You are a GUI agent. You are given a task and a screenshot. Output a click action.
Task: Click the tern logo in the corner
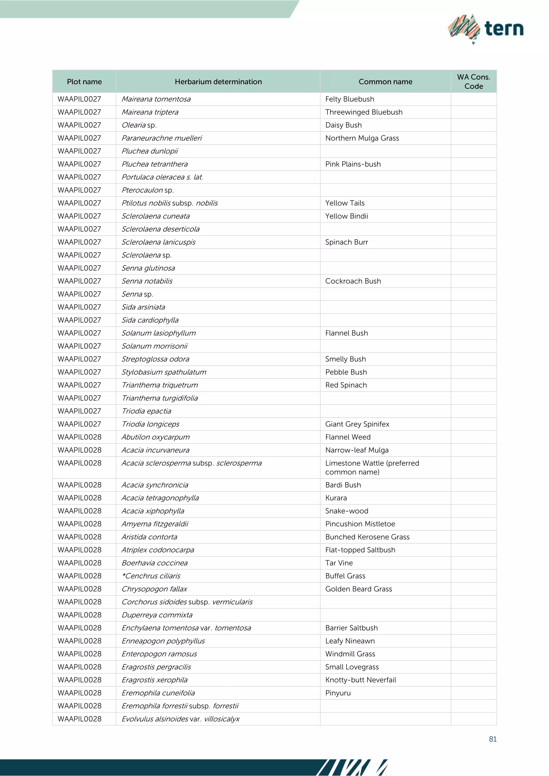[x=486, y=29]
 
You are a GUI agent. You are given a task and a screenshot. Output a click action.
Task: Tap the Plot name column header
[x=84, y=82]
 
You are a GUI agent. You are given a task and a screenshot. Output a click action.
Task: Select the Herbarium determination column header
[x=218, y=82]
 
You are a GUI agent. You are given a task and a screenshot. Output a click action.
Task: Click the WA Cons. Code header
[x=473, y=81]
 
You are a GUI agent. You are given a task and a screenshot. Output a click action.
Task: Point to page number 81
[x=492, y=739]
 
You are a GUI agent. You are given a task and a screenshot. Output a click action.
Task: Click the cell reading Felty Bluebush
[x=350, y=99]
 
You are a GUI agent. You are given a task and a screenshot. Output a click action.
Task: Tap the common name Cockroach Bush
[x=353, y=281]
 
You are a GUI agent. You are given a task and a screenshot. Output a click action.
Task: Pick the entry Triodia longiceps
[x=150, y=424]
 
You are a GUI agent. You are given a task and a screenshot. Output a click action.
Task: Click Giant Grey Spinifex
[x=357, y=424]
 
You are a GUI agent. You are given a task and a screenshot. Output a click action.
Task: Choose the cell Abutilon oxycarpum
[x=155, y=437]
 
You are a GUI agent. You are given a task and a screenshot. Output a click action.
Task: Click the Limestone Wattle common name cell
[x=372, y=467]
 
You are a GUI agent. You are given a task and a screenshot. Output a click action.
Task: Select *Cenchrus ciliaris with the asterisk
[x=151, y=576]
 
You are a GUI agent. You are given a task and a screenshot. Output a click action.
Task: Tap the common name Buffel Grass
[x=345, y=576]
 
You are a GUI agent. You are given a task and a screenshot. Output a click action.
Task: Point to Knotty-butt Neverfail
[x=360, y=680]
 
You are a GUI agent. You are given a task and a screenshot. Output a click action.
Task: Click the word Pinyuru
[x=338, y=693]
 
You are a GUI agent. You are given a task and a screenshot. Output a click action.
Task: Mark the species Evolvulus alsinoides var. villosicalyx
[x=180, y=719]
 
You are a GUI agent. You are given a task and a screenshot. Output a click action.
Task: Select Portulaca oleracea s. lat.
[x=162, y=177]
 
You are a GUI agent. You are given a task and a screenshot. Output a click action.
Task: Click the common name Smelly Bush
[x=346, y=359]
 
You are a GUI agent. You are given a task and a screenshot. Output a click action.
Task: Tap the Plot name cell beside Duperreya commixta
[x=79, y=615]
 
